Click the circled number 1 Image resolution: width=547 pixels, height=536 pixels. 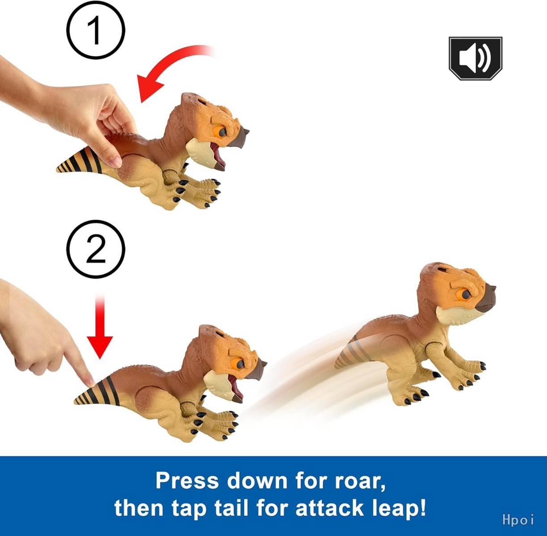point(96,30)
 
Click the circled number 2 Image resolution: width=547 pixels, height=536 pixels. point(96,249)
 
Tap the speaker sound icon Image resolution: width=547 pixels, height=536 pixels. point(475,58)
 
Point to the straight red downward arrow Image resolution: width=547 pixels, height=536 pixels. point(100,327)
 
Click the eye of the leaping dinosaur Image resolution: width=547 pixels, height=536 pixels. point(465,294)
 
